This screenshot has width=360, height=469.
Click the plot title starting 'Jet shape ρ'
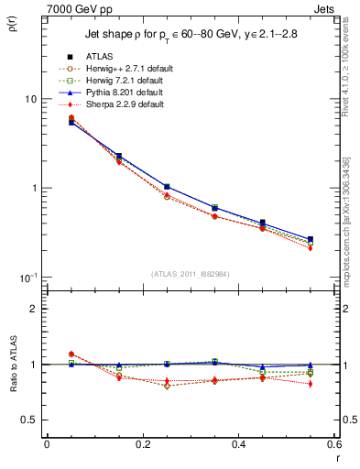click(x=191, y=35)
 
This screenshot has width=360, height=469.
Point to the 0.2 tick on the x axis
click(x=142, y=445)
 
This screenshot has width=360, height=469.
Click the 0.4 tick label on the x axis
click(x=238, y=445)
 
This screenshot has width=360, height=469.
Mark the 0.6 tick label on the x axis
click(x=333, y=445)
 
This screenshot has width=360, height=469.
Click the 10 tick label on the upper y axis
click(x=29, y=99)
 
